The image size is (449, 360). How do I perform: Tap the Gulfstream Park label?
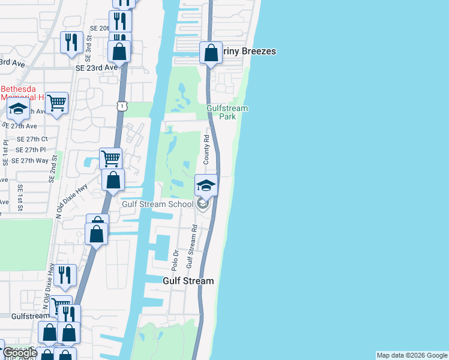pyautogui.click(x=227, y=112)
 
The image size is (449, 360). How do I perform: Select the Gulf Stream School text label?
pyautogui.click(x=157, y=204)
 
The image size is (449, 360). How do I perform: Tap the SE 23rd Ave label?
pyautogui.click(x=97, y=68)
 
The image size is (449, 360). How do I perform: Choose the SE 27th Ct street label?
pyautogui.click(x=31, y=139)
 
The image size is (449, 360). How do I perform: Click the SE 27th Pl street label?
pyautogui.click(x=31, y=149)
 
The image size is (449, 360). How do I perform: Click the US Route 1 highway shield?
pyautogui.click(x=122, y=106)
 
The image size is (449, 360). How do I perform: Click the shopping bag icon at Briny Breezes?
pyautogui.click(x=211, y=53)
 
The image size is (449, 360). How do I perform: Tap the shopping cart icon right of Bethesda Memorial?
pyautogui.click(x=56, y=103)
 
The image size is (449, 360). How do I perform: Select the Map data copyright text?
pyautogui.click(x=412, y=355)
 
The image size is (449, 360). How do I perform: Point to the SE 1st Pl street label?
pyautogui.click(x=5, y=153)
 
